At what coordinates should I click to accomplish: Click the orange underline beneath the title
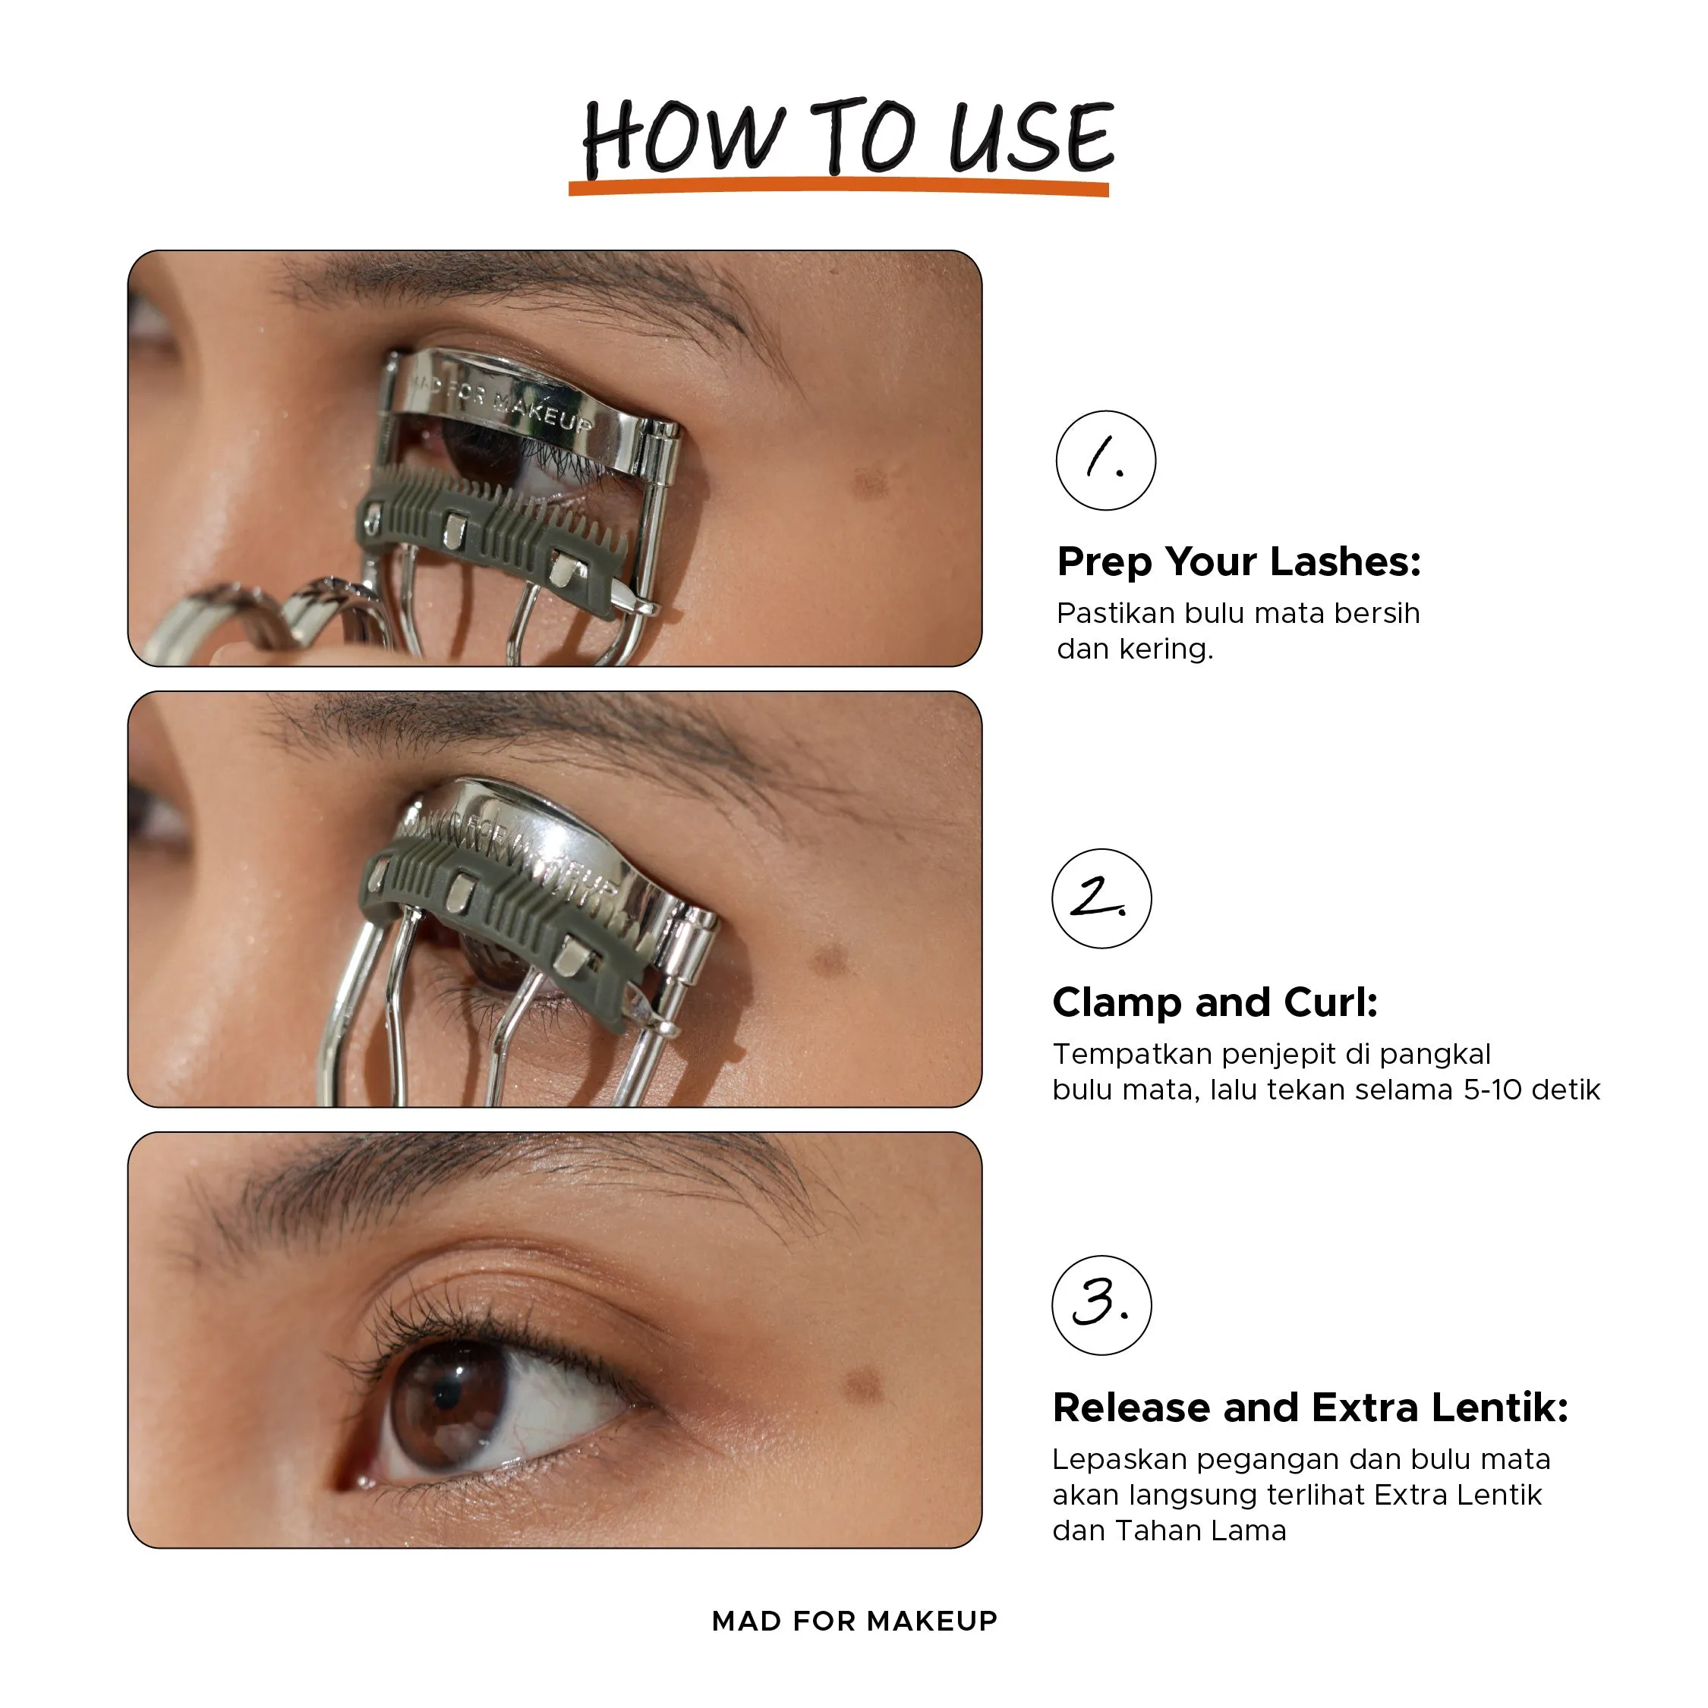[839, 187]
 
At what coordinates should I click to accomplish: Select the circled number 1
[1105, 460]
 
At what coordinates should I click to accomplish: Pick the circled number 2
[1102, 898]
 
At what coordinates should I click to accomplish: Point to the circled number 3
[1102, 1305]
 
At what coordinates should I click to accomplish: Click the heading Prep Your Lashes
[1238, 562]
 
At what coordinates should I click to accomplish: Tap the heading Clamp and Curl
[1215, 1002]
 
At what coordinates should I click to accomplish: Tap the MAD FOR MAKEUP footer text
[855, 1621]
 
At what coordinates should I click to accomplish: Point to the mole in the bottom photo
[863, 1382]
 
